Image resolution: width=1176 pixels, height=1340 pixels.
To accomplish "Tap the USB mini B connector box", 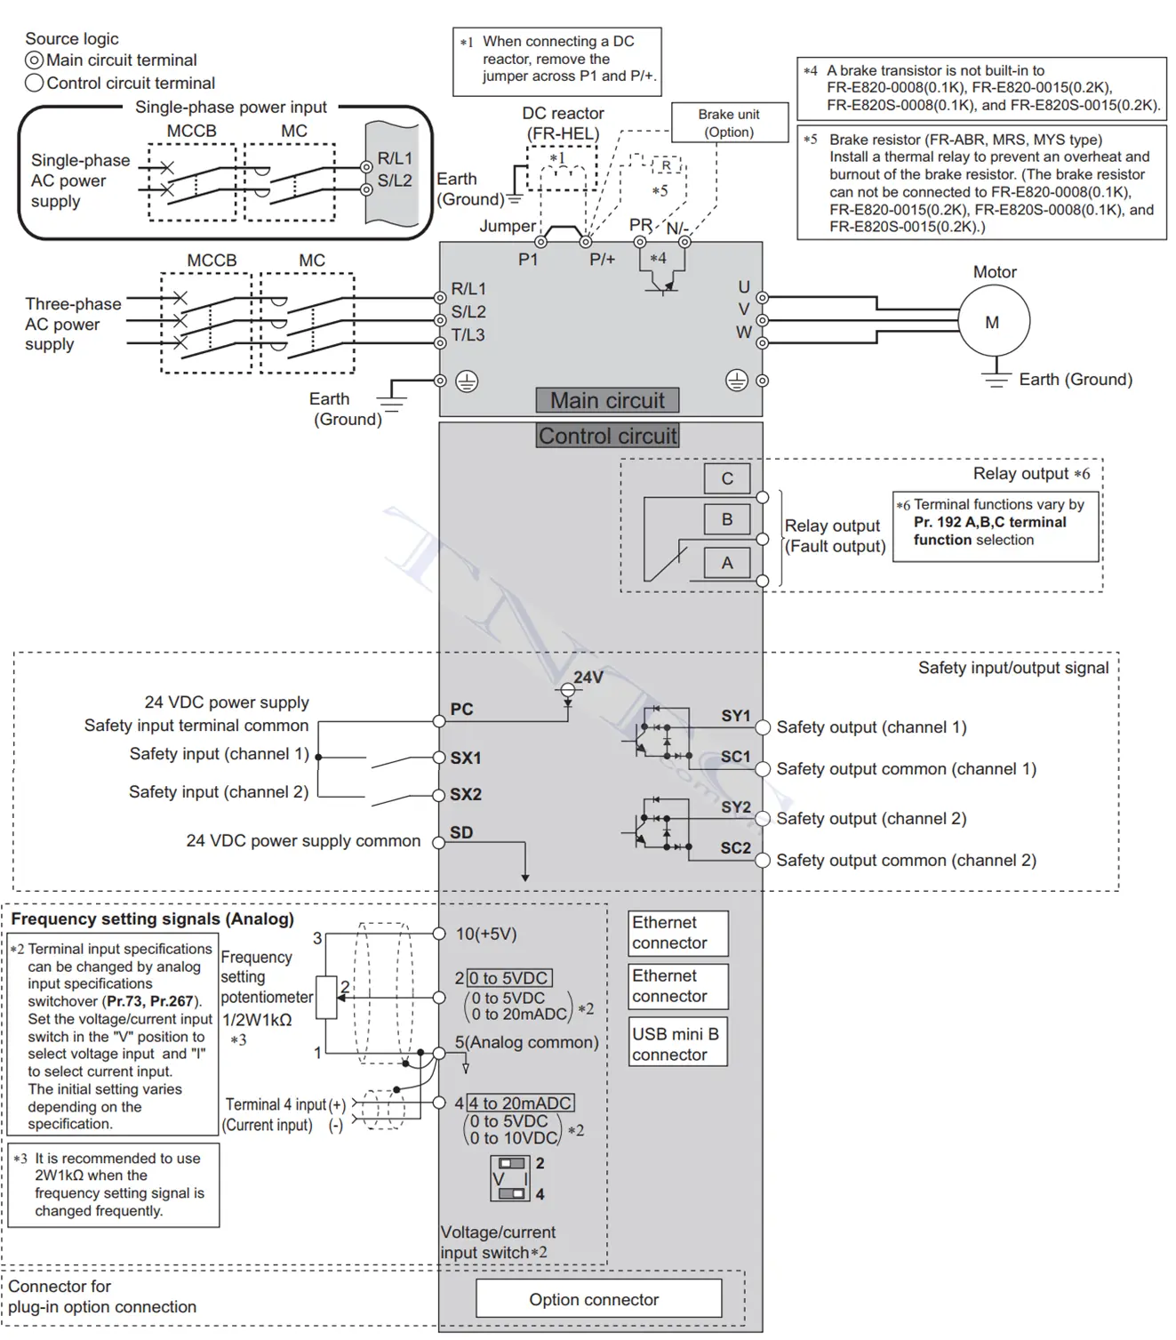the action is (x=678, y=1044).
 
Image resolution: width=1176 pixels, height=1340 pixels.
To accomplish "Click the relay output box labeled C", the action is (x=727, y=478).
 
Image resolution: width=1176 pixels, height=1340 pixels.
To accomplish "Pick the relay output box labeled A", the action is (x=727, y=563).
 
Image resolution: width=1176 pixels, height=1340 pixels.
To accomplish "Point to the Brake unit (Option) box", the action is (x=730, y=123).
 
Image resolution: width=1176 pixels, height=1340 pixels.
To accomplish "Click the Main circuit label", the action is (x=607, y=400).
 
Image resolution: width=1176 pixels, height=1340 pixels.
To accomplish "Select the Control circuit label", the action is (x=607, y=436).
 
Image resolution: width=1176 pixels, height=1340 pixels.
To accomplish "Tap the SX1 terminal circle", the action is (x=439, y=758).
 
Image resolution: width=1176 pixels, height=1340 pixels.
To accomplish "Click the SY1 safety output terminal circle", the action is (x=763, y=727).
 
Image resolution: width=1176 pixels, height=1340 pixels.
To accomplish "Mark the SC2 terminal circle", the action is (x=763, y=861).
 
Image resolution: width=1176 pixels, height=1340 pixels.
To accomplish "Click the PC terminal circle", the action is (x=439, y=721).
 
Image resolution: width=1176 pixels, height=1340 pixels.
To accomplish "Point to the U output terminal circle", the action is (x=762, y=298).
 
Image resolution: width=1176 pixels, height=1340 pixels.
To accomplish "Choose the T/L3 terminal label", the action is (x=468, y=334).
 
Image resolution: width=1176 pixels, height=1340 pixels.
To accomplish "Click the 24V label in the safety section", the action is (x=588, y=678).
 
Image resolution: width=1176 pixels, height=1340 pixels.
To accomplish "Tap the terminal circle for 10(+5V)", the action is (x=439, y=934).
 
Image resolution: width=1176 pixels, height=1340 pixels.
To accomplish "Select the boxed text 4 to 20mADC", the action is (x=521, y=1103).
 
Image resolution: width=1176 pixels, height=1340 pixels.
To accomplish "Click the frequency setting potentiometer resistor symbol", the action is (x=327, y=998).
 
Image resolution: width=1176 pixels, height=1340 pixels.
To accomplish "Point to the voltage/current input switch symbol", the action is (x=510, y=1178).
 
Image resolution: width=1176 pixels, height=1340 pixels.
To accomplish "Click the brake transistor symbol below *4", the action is (x=662, y=283).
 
